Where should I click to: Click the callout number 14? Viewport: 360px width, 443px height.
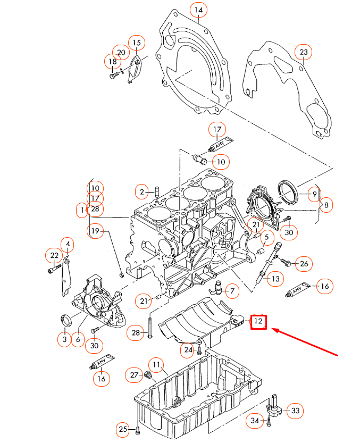click(198, 10)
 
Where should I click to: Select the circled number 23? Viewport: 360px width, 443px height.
click(304, 52)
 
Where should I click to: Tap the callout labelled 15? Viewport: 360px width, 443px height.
click(136, 43)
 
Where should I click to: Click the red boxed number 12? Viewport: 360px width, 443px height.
click(258, 322)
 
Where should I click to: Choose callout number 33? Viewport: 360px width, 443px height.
click(295, 410)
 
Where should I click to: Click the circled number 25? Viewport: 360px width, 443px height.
click(123, 429)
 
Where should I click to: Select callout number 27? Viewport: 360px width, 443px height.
click(134, 375)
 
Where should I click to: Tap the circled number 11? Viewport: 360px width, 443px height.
click(156, 365)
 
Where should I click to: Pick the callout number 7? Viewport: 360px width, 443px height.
click(232, 290)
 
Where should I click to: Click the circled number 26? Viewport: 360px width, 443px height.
click(304, 263)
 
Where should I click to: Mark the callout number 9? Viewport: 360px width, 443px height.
click(314, 194)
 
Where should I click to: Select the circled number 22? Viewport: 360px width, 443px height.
click(54, 256)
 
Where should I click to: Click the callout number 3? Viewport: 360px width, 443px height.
click(64, 339)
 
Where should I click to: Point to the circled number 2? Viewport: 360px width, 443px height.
click(142, 191)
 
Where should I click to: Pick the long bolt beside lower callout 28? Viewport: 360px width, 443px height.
click(151, 326)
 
